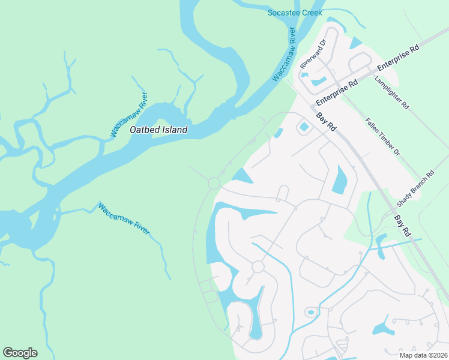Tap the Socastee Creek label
click(x=295, y=13)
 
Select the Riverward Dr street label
click(x=313, y=53)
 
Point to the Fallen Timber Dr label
click(x=382, y=137)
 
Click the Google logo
click(x=20, y=353)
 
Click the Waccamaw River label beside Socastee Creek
click(x=285, y=54)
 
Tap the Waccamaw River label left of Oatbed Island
click(x=128, y=115)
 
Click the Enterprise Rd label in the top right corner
click(x=397, y=59)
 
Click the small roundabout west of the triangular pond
click(x=214, y=182)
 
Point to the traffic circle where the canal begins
click(x=258, y=266)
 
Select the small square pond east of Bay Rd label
click(x=304, y=127)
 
